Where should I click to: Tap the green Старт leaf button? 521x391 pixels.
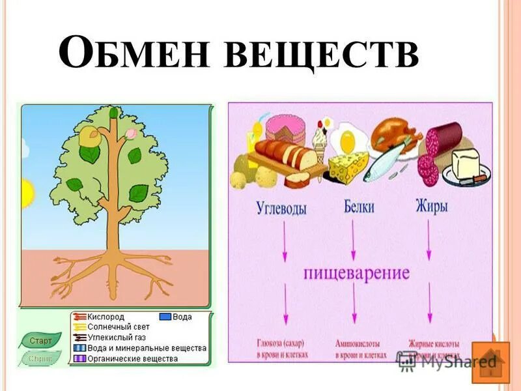point(40,340)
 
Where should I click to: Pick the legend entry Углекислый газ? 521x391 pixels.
point(118,338)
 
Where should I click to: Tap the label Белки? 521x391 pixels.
point(360,209)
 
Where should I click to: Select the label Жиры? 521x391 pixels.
point(432,208)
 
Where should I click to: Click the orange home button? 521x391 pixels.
point(490,362)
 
